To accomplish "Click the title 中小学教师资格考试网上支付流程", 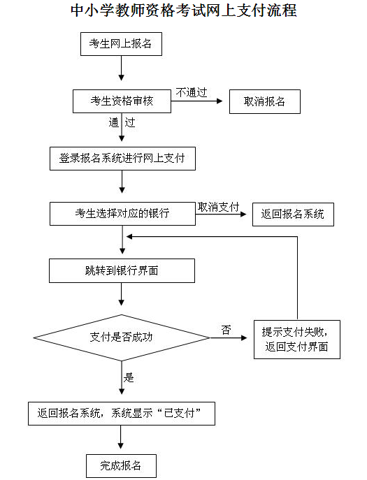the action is click(183, 10).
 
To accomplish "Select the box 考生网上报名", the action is click(121, 44).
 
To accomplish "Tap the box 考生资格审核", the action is click(122, 101).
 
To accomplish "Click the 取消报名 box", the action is click(265, 101).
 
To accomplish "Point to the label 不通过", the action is click(192, 92).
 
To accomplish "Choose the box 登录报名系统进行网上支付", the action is click(122, 159).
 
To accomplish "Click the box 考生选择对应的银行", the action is click(122, 214).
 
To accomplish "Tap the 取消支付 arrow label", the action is click(218, 208).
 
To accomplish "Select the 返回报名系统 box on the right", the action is click(293, 214).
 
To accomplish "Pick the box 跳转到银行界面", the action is click(122, 270).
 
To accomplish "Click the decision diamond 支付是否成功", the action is click(122, 337).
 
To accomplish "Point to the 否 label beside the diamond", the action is click(226, 330).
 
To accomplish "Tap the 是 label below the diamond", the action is click(129, 378).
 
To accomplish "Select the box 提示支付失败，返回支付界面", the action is click(297, 340).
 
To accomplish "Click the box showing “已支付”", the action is click(122, 414).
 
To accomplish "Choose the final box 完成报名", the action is click(121, 466).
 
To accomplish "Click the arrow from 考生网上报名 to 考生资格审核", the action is click(122, 68).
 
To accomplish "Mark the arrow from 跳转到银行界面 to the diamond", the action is click(122, 294).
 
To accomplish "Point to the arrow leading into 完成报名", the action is click(121, 437).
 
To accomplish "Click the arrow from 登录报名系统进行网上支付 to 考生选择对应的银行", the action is click(122, 182).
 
